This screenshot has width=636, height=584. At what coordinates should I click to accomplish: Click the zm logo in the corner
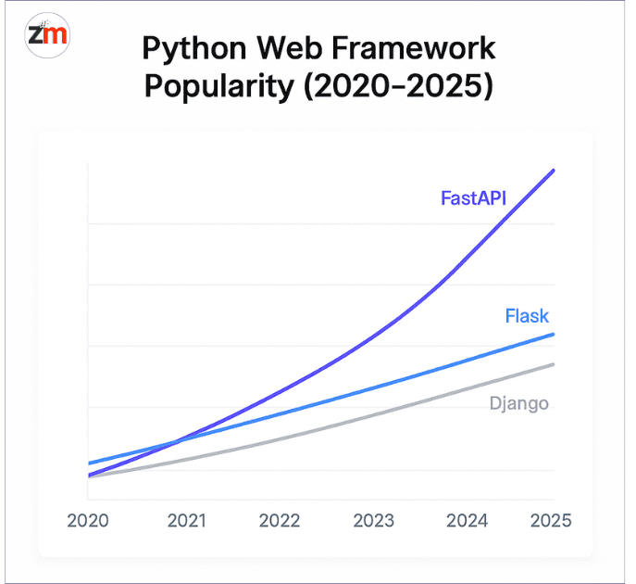point(47,35)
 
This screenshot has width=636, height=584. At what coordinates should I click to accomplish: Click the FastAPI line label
point(473,197)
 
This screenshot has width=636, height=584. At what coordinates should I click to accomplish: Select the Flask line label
point(527,316)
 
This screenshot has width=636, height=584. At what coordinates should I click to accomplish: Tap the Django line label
point(518,403)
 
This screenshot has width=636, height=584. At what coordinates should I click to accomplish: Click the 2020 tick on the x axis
point(88,520)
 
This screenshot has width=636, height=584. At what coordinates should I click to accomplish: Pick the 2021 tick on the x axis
point(186,520)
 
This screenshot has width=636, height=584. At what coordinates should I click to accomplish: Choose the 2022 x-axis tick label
point(280,520)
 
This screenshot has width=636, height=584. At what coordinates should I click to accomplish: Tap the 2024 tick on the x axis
point(467,520)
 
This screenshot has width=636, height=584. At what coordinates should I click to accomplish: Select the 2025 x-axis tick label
point(550,520)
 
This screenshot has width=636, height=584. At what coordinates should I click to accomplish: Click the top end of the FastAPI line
point(554,171)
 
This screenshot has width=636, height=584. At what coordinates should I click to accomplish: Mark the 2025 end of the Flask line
point(554,335)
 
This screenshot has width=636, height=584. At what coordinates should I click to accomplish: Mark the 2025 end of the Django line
point(554,364)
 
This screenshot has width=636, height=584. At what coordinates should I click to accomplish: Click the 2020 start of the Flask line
point(89,463)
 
